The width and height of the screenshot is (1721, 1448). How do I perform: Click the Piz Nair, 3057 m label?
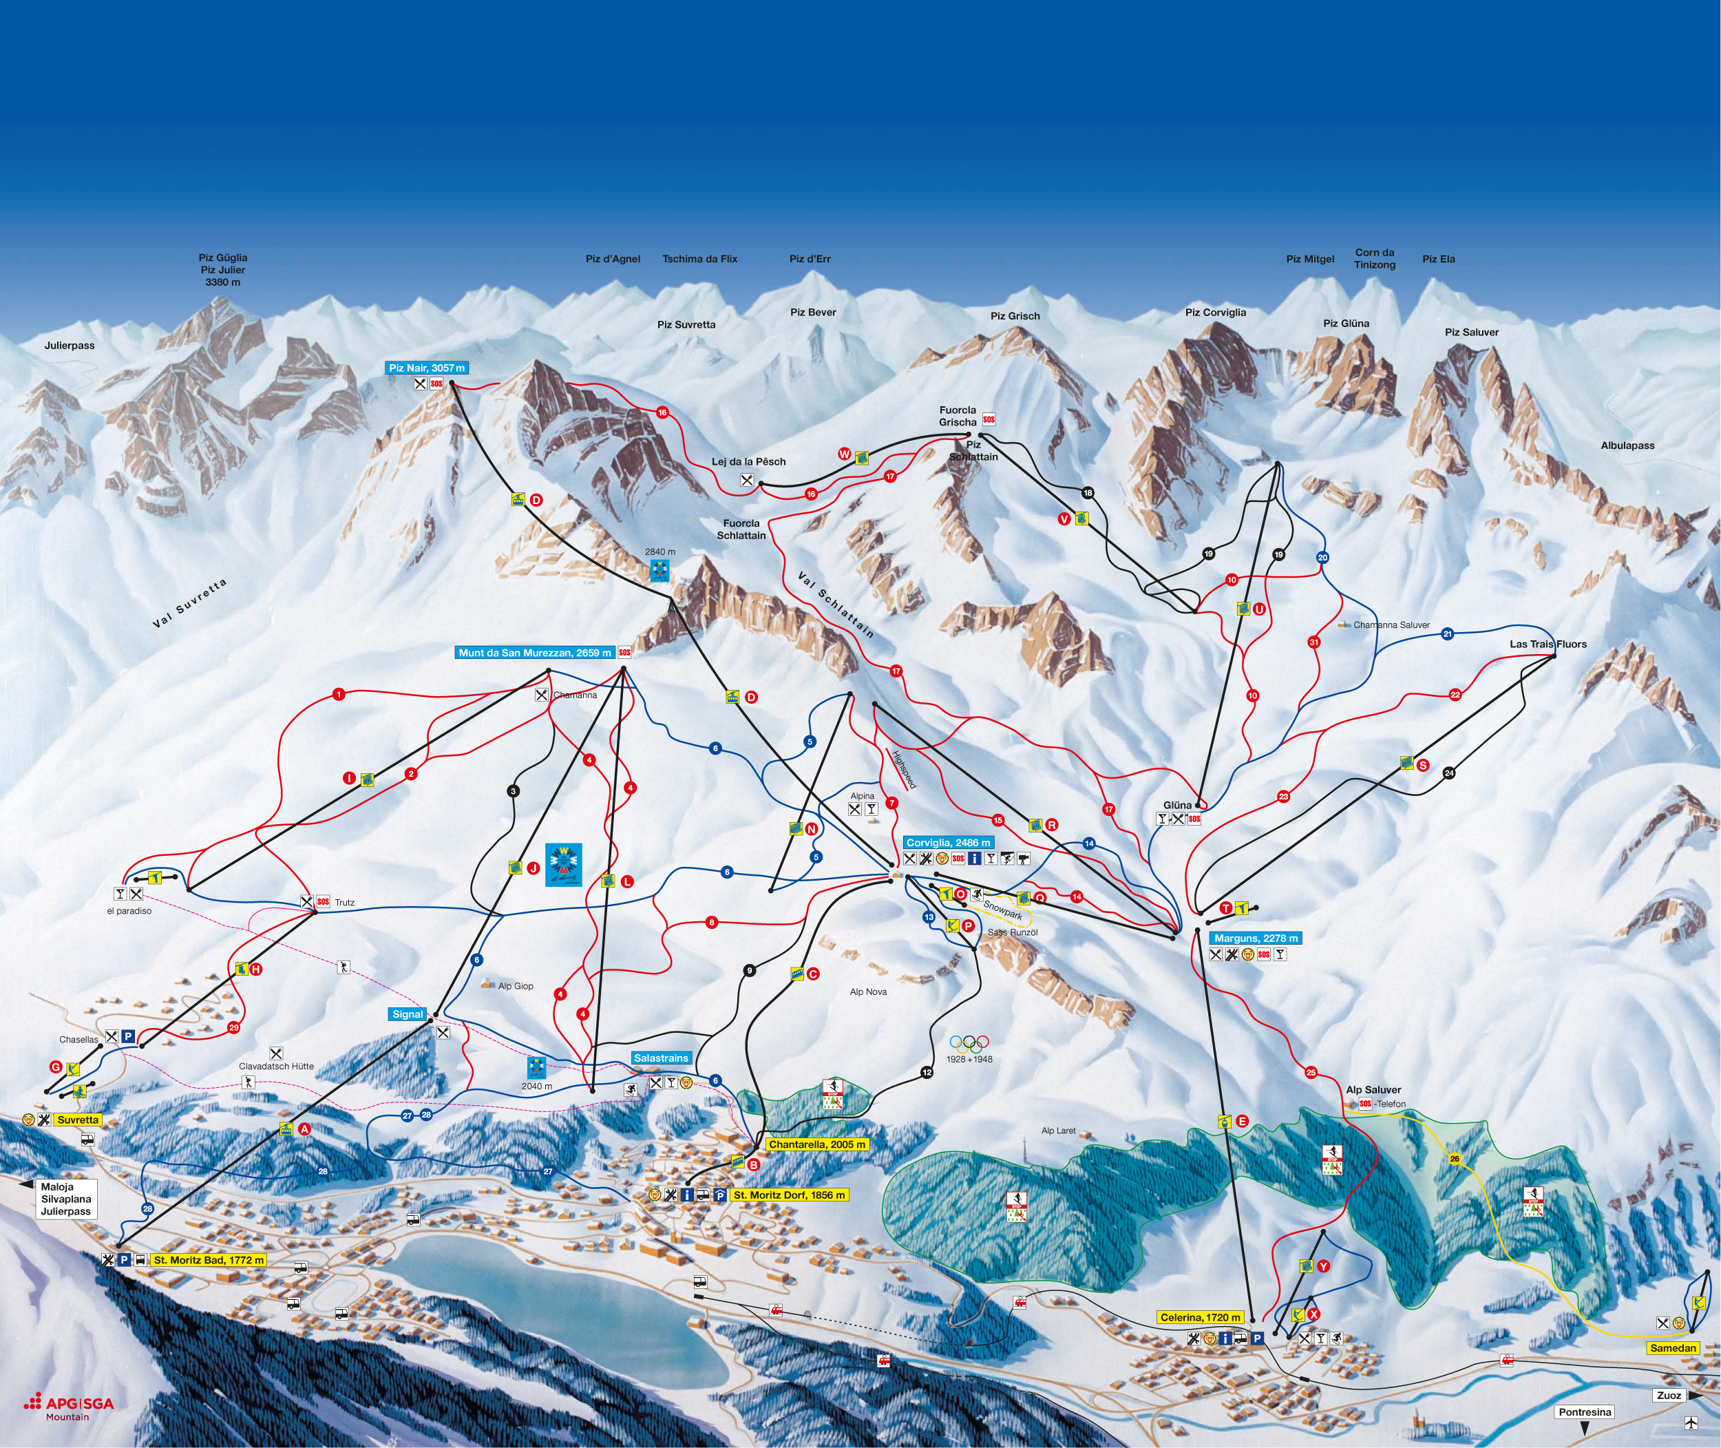click(x=427, y=368)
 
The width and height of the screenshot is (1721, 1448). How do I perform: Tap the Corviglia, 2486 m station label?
click(x=948, y=843)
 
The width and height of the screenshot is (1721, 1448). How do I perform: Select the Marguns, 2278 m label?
click(x=1256, y=938)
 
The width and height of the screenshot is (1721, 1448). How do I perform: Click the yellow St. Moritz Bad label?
click(x=209, y=1260)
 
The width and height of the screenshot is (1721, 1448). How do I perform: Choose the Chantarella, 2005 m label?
click(x=816, y=1144)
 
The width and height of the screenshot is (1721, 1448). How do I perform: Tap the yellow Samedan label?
click(x=1673, y=1348)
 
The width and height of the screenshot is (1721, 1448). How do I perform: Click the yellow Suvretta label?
click(x=78, y=1120)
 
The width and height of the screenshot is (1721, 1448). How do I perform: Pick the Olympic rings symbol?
click(x=969, y=1043)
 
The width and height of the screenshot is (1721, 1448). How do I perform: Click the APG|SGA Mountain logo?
click(x=70, y=1407)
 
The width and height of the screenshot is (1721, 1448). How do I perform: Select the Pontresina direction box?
click(x=1585, y=1412)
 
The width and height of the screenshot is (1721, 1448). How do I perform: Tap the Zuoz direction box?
click(x=1669, y=1395)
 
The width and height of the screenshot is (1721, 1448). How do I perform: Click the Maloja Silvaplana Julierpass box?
click(x=65, y=1199)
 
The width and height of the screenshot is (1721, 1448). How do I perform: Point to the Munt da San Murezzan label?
click(x=535, y=653)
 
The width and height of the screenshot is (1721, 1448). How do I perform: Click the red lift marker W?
click(x=844, y=454)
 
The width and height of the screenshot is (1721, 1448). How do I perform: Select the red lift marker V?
click(x=1064, y=518)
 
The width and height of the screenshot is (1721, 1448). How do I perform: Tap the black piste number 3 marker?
click(x=513, y=791)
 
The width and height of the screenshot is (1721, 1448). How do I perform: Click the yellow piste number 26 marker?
click(x=1455, y=1159)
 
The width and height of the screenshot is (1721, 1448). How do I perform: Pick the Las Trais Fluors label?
click(x=1548, y=644)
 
